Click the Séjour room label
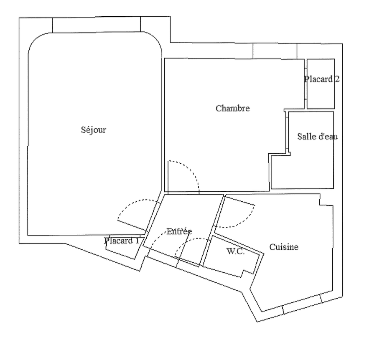click(x=94, y=130)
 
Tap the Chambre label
click(x=233, y=109)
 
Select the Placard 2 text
click(x=322, y=79)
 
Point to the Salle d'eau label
click(x=317, y=137)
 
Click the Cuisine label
click(x=284, y=247)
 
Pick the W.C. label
click(x=235, y=251)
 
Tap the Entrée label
click(x=179, y=231)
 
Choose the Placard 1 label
click(x=122, y=241)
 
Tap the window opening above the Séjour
click(x=97, y=25)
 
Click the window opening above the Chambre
click(x=275, y=51)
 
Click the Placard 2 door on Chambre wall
click(x=306, y=84)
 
